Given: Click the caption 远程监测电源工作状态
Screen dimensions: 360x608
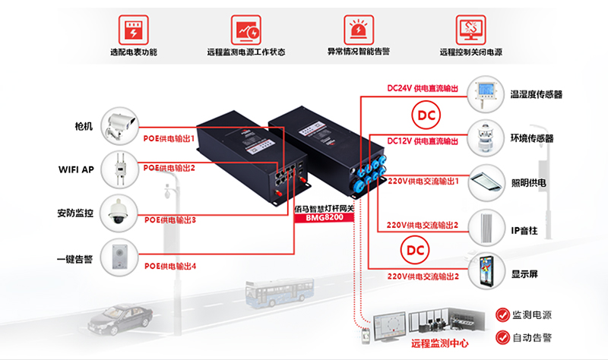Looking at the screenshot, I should (245, 54).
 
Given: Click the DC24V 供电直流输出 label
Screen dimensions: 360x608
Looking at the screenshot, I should (423, 89).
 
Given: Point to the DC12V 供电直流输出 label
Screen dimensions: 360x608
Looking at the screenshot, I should (423, 141).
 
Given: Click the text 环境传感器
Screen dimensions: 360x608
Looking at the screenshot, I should (532, 139).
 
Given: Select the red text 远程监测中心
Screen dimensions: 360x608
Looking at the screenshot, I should (439, 344).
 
